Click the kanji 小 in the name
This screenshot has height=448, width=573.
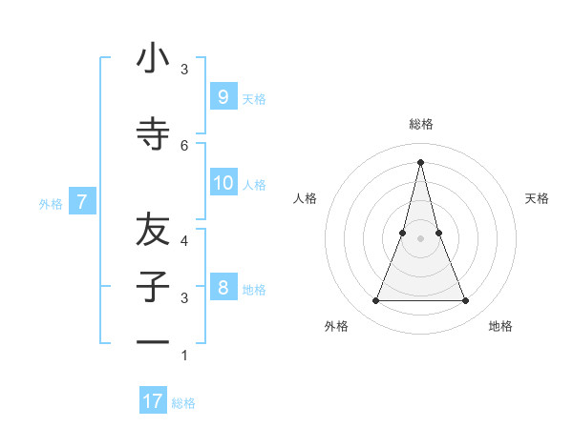[x=153, y=59]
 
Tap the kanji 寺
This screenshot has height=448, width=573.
[x=153, y=133]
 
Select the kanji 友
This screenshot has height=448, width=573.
[x=153, y=230]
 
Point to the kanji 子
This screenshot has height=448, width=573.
[x=153, y=286]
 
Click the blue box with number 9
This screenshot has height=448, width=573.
[x=223, y=97]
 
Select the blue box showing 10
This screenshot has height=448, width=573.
[x=223, y=183]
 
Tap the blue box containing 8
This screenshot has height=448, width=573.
[x=223, y=288]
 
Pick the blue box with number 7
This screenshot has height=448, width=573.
[x=82, y=202]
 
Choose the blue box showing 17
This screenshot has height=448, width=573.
[x=153, y=401]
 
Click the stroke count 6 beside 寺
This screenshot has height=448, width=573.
[x=184, y=145]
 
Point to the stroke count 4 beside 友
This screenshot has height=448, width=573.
[x=184, y=240]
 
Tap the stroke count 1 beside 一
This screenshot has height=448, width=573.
[x=184, y=356]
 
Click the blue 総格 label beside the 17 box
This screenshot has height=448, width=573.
[x=183, y=403]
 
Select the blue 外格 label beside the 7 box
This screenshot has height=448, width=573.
[x=51, y=203]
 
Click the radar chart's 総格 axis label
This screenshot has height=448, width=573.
[x=420, y=124]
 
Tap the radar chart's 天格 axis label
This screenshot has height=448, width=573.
[x=537, y=198]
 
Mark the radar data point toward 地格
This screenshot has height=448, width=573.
[x=465, y=301]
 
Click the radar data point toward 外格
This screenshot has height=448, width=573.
[x=375, y=301]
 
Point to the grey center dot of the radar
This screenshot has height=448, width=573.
[x=420, y=238]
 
